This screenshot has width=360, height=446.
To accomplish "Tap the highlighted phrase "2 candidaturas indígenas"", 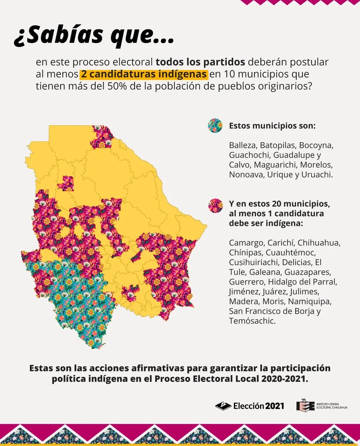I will point(143,74).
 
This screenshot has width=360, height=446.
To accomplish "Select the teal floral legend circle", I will point(215,126).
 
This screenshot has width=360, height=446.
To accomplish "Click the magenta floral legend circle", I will point(215,205).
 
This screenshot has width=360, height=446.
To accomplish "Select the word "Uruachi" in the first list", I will point(317,174).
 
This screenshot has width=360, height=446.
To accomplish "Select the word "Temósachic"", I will point(252,321).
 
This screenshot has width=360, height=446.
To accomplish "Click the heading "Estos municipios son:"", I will point(272,126).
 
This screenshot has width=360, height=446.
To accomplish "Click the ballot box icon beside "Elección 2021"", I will point(223,406).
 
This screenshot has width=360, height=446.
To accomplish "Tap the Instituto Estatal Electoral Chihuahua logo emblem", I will point(305,405).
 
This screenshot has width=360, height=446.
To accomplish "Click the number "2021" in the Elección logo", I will point(275,406).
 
